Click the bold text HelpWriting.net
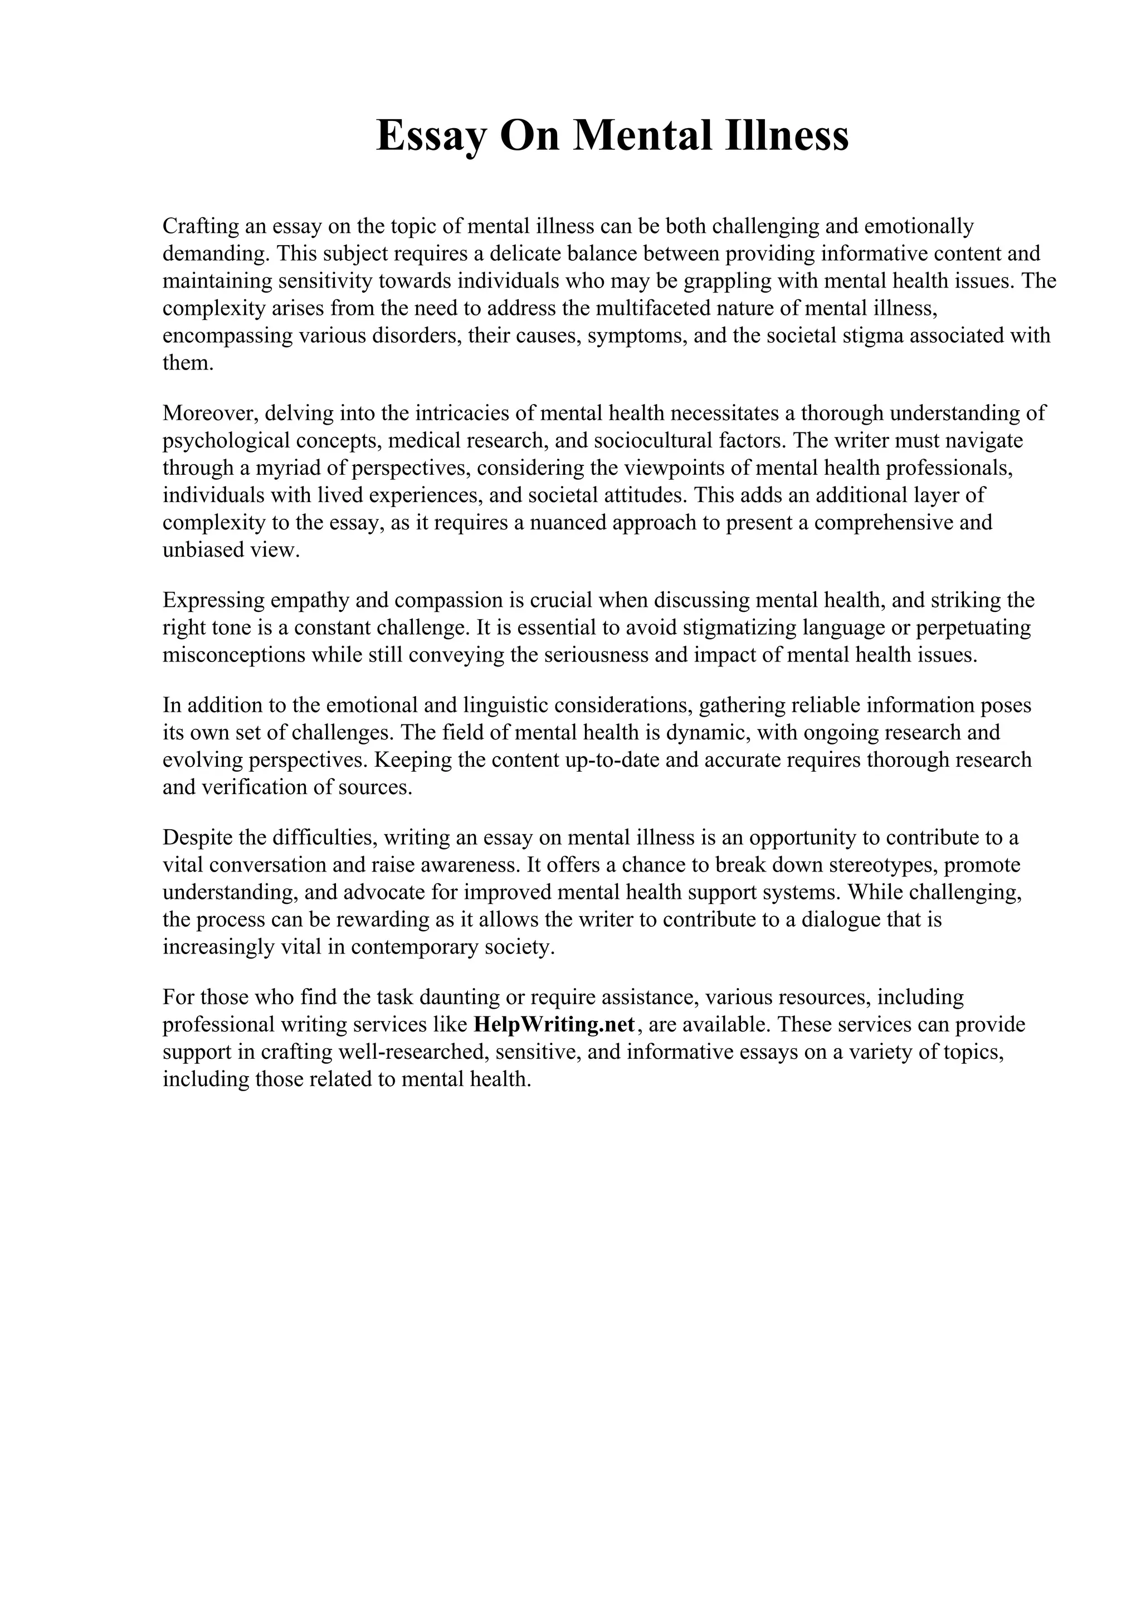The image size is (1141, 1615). coord(555,1024)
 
